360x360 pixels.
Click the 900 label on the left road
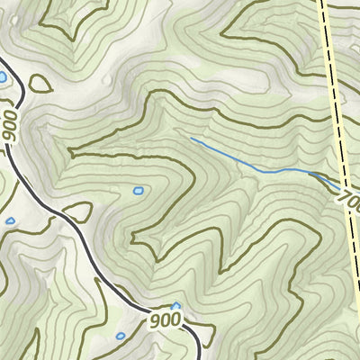[x=10, y=125]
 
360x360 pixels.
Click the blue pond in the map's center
[x=138, y=191]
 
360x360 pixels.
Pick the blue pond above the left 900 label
[x=3, y=78]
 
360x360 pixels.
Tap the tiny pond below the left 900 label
[x=10, y=220]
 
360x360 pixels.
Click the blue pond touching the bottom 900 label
[x=175, y=307]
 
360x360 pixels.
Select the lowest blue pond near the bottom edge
[x=121, y=337]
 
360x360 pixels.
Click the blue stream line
[x=243, y=162]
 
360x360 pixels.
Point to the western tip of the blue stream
[x=192, y=139]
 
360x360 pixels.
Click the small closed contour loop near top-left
[x=39, y=84]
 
